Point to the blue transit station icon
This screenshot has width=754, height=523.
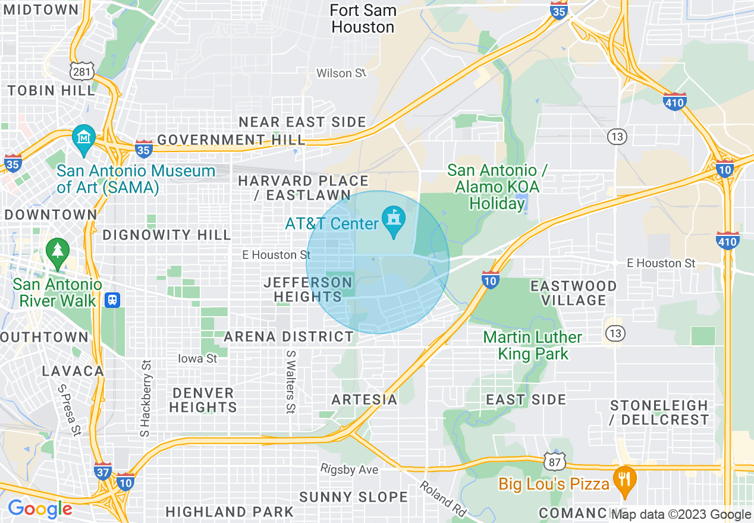point(111,300)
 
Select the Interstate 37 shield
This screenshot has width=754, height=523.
point(102,471)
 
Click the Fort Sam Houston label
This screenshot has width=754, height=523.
point(363,19)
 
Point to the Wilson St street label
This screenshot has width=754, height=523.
point(341,73)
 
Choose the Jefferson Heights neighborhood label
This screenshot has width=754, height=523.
point(308,289)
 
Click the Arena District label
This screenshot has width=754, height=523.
point(289,337)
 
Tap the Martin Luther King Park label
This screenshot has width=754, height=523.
point(532,346)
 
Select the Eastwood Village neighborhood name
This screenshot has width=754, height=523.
point(573,293)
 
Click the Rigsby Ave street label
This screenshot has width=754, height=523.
point(350,470)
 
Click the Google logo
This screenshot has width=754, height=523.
point(40,509)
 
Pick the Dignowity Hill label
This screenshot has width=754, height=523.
point(166,235)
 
